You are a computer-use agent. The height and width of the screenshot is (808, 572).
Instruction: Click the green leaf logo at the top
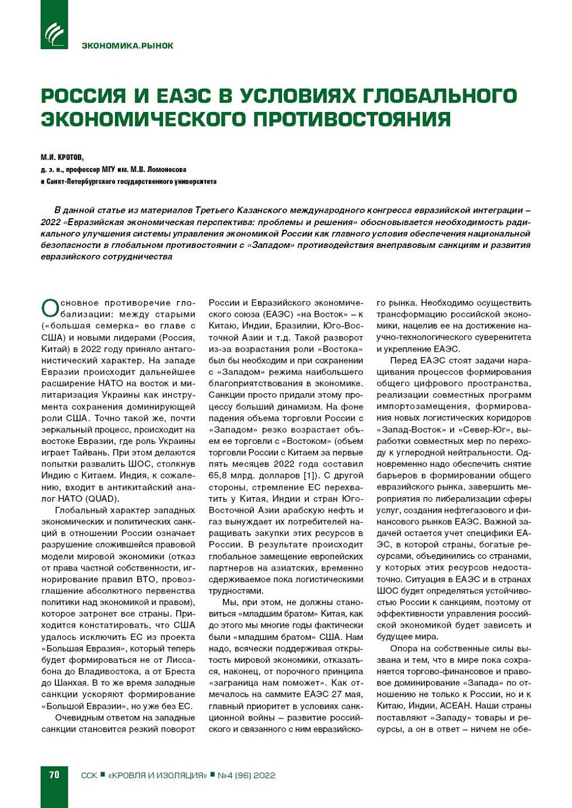pos(54,33)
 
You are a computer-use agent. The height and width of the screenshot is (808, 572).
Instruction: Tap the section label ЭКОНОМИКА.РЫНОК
pos(127,46)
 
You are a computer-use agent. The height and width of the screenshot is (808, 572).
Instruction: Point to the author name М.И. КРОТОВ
pos(62,157)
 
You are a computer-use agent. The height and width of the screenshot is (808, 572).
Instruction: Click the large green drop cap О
pos(50,308)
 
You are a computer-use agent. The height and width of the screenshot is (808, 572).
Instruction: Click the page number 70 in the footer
pos(54,775)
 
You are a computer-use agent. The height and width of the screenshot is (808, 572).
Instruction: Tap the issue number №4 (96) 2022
pos(246,775)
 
